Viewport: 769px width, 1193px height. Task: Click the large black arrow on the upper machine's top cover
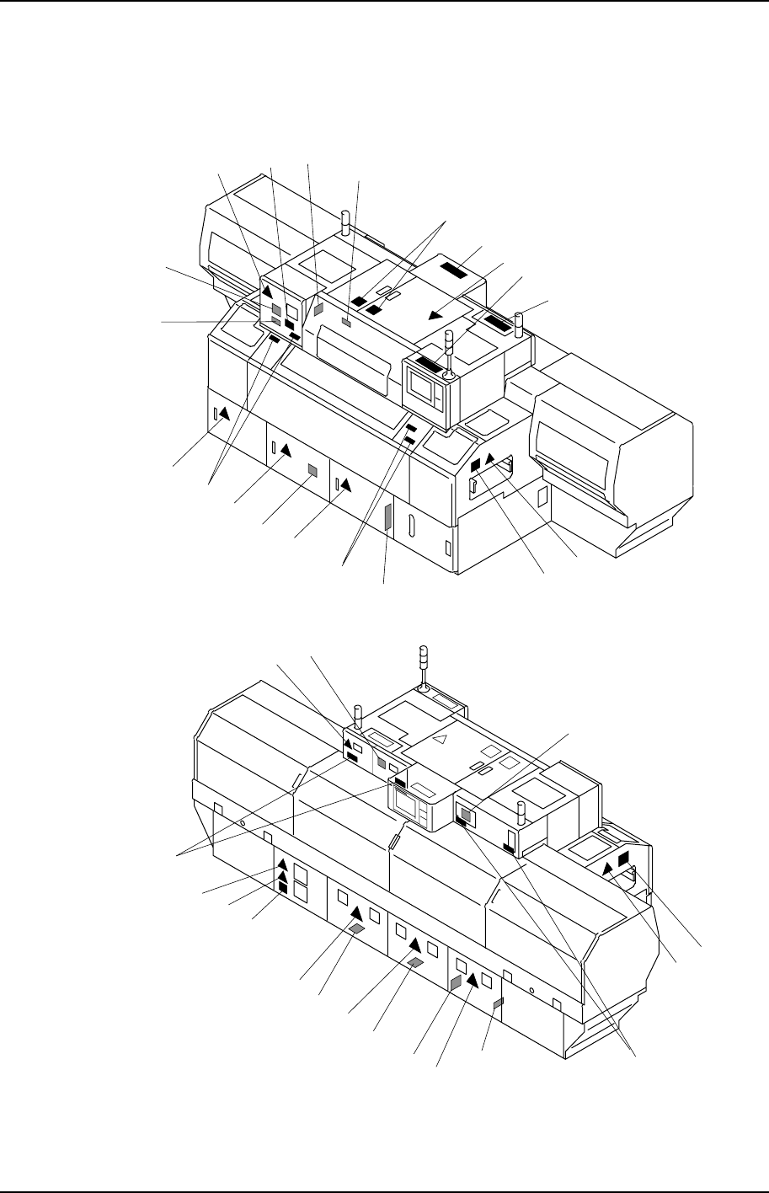tap(434, 315)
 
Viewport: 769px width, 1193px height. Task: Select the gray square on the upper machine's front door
tap(312, 470)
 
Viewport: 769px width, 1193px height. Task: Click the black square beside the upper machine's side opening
tap(475, 465)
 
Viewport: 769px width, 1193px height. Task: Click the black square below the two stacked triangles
tap(283, 887)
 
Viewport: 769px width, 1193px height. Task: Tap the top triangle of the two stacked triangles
tap(283, 864)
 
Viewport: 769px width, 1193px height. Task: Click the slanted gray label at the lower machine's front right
tap(497, 1003)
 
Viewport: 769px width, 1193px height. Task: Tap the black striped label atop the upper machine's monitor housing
tap(427, 364)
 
